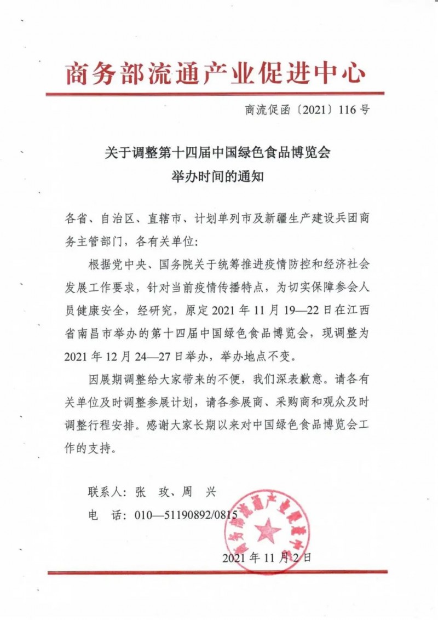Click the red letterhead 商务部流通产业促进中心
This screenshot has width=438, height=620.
215,72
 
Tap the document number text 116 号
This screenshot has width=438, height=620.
354,110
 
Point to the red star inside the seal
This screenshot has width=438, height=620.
268,530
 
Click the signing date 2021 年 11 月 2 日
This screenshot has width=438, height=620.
267,558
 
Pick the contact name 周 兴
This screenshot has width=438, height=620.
198,492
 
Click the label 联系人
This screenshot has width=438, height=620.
105,492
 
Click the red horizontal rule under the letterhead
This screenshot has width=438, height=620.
215,94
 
